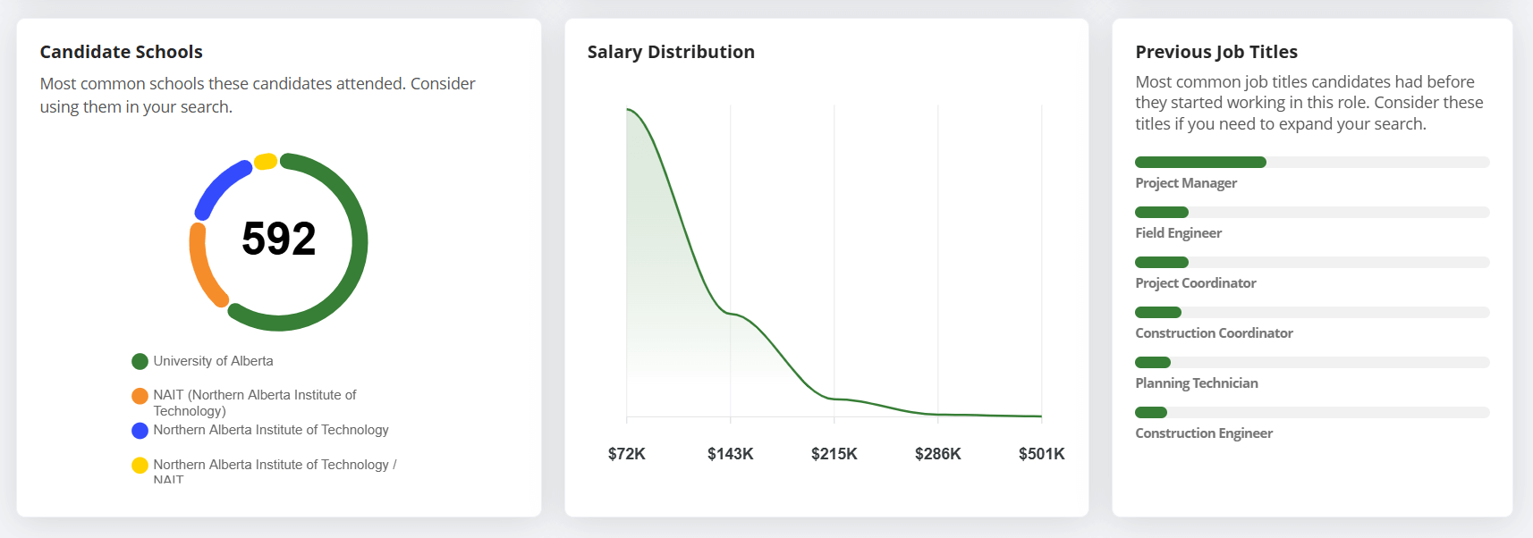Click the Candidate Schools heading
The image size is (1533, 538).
coord(122,52)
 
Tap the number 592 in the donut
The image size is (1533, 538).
coord(279,239)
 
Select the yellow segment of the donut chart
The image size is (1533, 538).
coord(266,162)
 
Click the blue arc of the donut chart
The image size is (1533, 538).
coord(220,186)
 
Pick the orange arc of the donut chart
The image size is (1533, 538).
coord(204,268)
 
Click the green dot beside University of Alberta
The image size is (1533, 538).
coord(140,361)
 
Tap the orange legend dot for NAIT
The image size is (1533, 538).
coord(140,395)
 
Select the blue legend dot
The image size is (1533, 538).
coord(140,430)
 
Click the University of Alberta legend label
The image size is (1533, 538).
coord(213,361)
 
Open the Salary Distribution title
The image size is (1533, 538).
coord(671,52)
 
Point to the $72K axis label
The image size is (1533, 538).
coord(627,454)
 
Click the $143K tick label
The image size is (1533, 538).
coord(731,454)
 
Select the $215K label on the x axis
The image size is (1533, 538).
coord(834,454)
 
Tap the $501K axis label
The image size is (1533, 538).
coord(1042,454)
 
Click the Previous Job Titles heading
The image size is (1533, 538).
coord(1216,52)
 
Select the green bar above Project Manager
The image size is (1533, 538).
coord(1200,162)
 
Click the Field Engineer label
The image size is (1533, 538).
coord(1178,233)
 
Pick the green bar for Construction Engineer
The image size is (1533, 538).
coord(1151,412)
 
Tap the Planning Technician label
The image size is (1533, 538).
coord(1197,383)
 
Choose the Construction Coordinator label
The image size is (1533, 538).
coord(1214,333)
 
